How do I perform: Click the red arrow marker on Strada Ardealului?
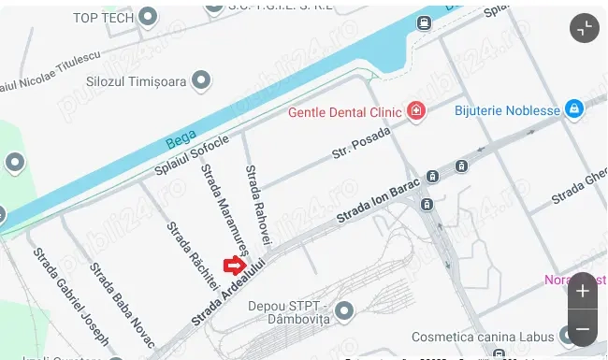click(234, 267)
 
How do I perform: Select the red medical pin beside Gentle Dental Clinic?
click(415, 113)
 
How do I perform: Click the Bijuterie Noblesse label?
click(506, 110)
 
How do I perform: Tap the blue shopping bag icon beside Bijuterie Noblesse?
click(575, 110)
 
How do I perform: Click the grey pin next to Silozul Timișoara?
click(200, 81)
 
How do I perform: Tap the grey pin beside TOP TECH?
click(148, 17)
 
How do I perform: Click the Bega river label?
click(181, 142)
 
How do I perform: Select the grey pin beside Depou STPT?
click(344, 310)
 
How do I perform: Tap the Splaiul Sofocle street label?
click(192, 158)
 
